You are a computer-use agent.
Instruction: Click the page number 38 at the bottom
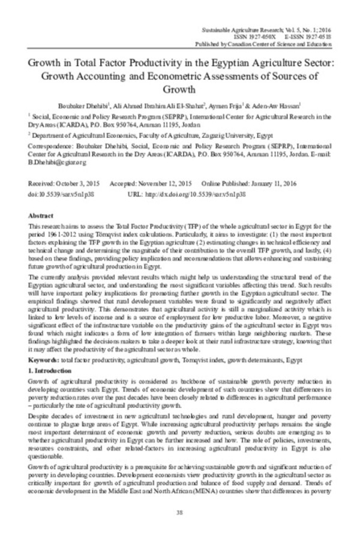tap(180, 512)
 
